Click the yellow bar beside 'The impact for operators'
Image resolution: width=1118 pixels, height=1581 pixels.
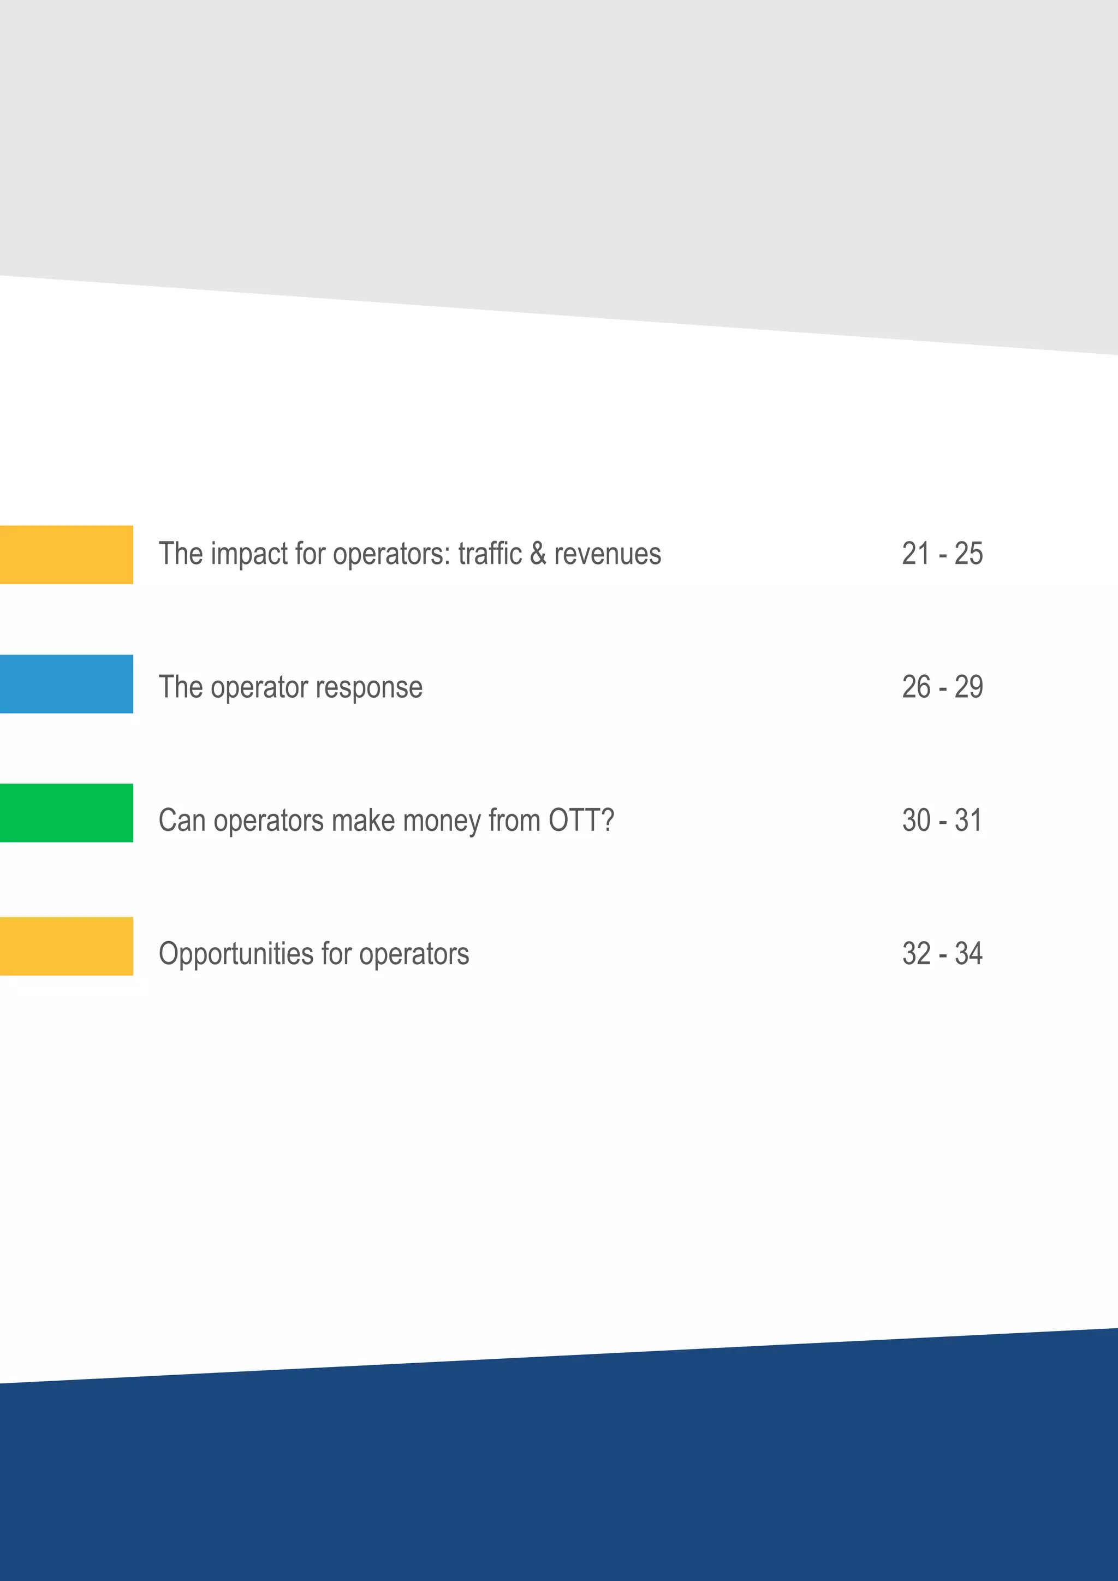coord(66,554)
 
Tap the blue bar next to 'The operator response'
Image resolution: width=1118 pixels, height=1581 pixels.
coord(66,683)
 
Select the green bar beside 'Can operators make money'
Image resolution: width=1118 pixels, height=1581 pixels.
coord(66,812)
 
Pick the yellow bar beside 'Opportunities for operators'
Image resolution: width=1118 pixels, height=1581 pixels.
coord(66,946)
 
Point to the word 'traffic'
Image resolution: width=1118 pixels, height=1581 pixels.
coord(490,554)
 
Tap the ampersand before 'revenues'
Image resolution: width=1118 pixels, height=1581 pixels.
coord(538,554)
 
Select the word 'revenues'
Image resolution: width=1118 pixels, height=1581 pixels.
coord(607,554)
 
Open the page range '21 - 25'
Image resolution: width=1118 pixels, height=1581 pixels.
coord(942,554)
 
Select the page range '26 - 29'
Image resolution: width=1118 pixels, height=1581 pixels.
coord(942,687)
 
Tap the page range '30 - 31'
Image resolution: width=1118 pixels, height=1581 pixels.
coord(941,820)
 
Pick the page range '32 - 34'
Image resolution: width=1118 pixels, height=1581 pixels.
coord(942,954)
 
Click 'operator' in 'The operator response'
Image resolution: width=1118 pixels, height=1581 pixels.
coord(259,688)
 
